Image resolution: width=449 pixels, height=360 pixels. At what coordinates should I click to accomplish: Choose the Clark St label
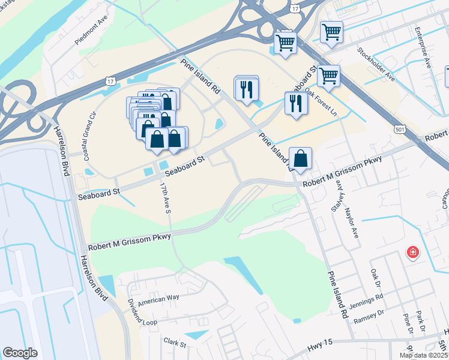coord(175,342)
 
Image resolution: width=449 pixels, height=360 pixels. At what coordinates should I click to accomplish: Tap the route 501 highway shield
coord(400,128)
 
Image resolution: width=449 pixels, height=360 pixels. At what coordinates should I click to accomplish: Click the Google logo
coord(20,353)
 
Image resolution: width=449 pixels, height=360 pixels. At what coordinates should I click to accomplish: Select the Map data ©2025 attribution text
coord(423,355)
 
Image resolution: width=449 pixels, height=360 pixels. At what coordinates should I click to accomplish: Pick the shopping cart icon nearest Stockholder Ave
coord(331,32)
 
